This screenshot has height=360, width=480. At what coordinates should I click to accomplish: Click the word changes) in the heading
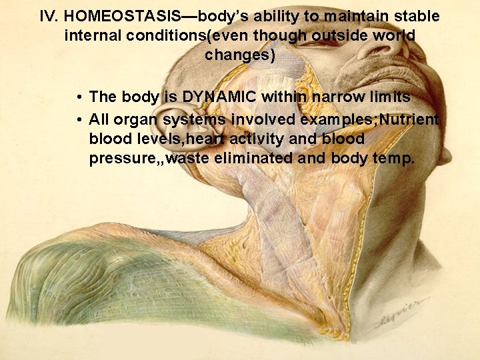click(240, 55)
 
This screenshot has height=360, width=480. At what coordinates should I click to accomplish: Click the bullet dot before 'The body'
click(79, 97)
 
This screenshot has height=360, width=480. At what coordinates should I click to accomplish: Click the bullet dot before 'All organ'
click(79, 120)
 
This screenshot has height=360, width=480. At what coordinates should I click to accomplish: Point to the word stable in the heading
click(417, 15)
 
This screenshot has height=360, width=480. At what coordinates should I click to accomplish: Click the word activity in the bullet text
click(257, 139)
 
